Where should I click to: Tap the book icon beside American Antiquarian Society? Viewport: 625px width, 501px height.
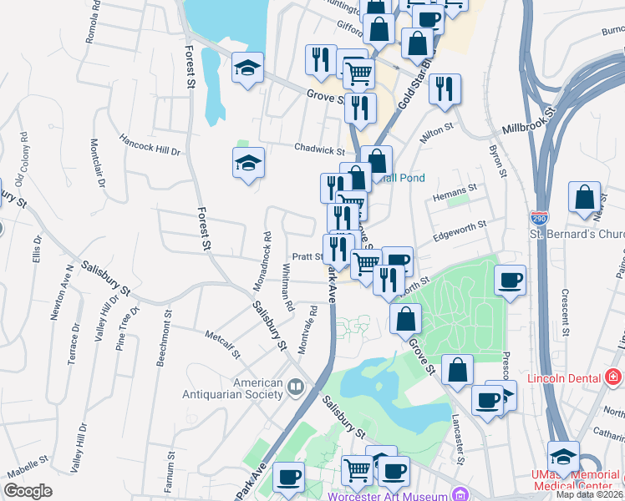coord(295,388)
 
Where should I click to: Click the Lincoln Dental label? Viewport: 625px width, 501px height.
coord(564,378)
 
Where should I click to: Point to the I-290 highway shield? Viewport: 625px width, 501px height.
coord(538,216)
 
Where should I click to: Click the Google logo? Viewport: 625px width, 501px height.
coord(28,491)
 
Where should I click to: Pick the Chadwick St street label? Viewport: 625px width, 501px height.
coord(319,150)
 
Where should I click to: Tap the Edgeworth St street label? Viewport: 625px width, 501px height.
coord(460,232)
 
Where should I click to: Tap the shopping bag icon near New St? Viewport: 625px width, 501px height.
coord(585,198)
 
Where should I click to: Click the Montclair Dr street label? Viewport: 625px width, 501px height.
coord(94,160)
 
